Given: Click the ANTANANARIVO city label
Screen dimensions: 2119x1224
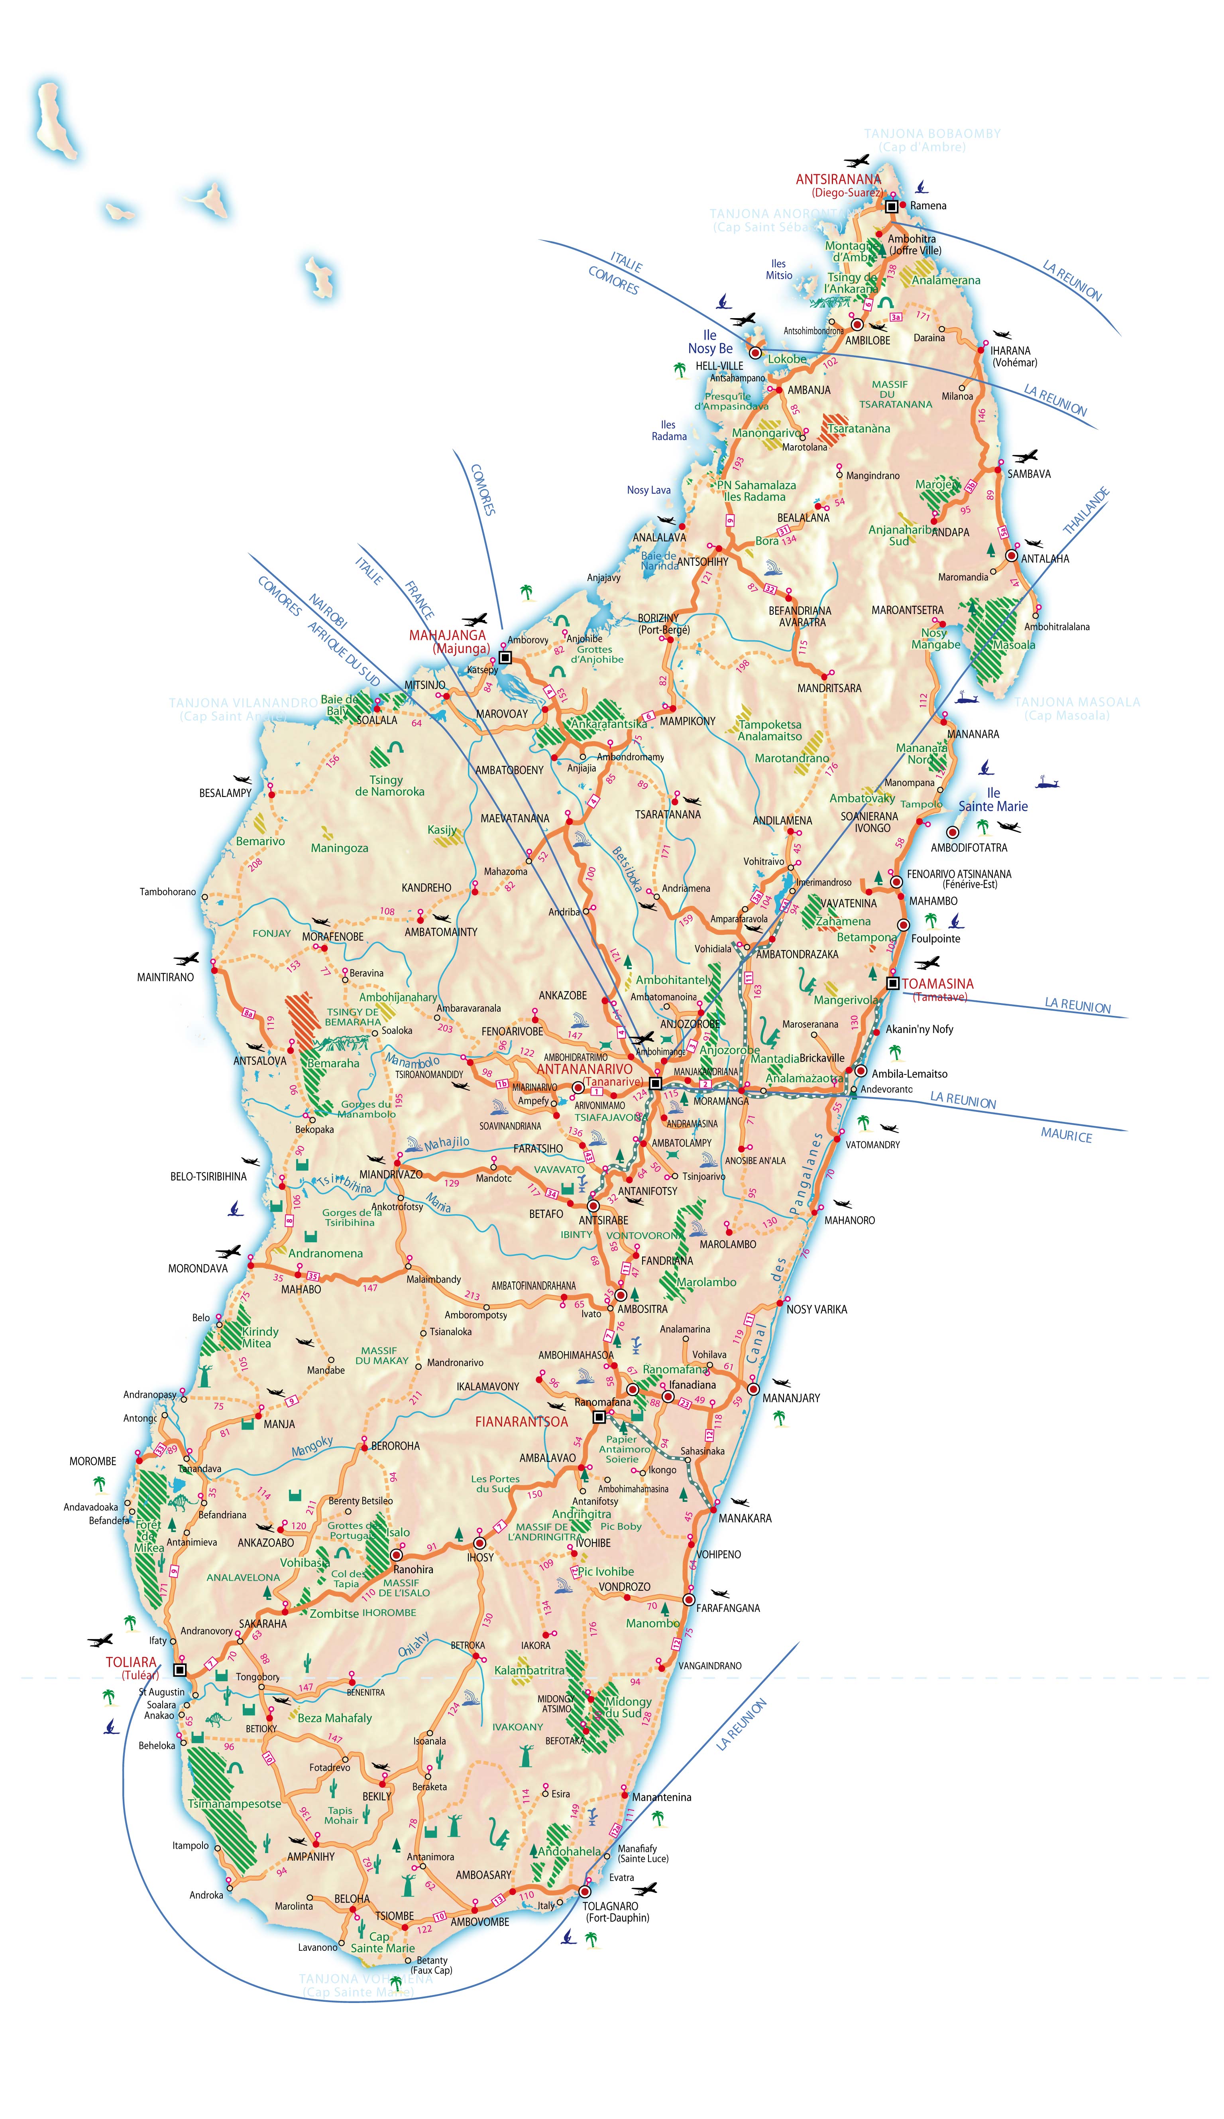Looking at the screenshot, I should click(x=584, y=1069).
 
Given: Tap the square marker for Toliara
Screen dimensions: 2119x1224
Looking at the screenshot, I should click(x=179, y=1670).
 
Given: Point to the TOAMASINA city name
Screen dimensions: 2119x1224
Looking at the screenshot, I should click(x=937, y=984).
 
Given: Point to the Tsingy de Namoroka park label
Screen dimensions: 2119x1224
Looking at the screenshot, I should click(x=389, y=785).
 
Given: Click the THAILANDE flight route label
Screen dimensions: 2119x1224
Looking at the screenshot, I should click(x=1086, y=511).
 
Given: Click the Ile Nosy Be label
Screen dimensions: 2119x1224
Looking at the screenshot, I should click(x=710, y=342).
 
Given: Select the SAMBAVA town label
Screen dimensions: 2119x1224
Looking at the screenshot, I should click(x=1029, y=474).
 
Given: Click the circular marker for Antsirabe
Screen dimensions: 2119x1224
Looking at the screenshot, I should click(x=593, y=1206).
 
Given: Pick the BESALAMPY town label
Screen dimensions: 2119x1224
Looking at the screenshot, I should click(x=225, y=793).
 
